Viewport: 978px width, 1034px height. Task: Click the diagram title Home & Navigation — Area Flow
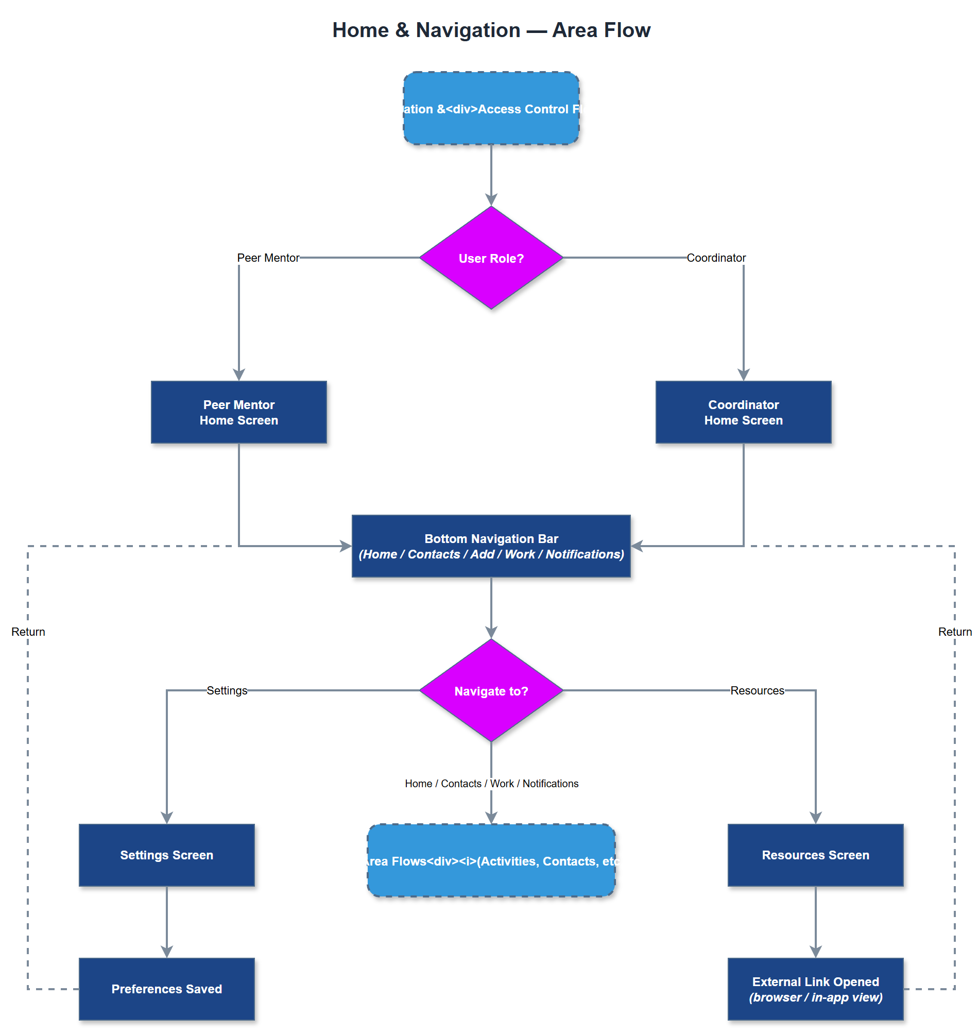[491, 30]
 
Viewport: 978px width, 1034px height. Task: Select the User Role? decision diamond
[491, 258]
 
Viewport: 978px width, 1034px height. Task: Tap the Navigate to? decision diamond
[491, 690]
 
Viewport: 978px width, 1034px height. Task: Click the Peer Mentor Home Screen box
[239, 412]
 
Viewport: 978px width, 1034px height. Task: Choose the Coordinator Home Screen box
[743, 412]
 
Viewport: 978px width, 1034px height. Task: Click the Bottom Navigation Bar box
[491, 546]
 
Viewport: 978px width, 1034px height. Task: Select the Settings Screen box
[167, 855]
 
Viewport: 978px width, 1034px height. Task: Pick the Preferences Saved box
[167, 989]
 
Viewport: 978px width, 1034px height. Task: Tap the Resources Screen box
[815, 855]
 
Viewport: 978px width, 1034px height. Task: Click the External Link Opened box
[815, 989]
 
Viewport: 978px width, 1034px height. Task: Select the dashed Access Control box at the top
[491, 109]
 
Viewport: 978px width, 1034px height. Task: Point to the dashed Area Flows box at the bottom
[491, 860]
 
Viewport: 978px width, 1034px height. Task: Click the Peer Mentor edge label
[268, 258]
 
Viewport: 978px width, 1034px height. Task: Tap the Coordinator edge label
[716, 258]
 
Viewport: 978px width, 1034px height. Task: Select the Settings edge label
[227, 690]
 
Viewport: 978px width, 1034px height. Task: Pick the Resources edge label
[757, 690]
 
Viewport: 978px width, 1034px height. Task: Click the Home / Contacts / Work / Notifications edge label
[491, 783]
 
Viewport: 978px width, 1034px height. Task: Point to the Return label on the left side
[28, 632]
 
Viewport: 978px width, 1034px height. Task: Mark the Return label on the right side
[954, 632]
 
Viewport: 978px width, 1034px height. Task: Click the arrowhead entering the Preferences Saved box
[167, 952]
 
